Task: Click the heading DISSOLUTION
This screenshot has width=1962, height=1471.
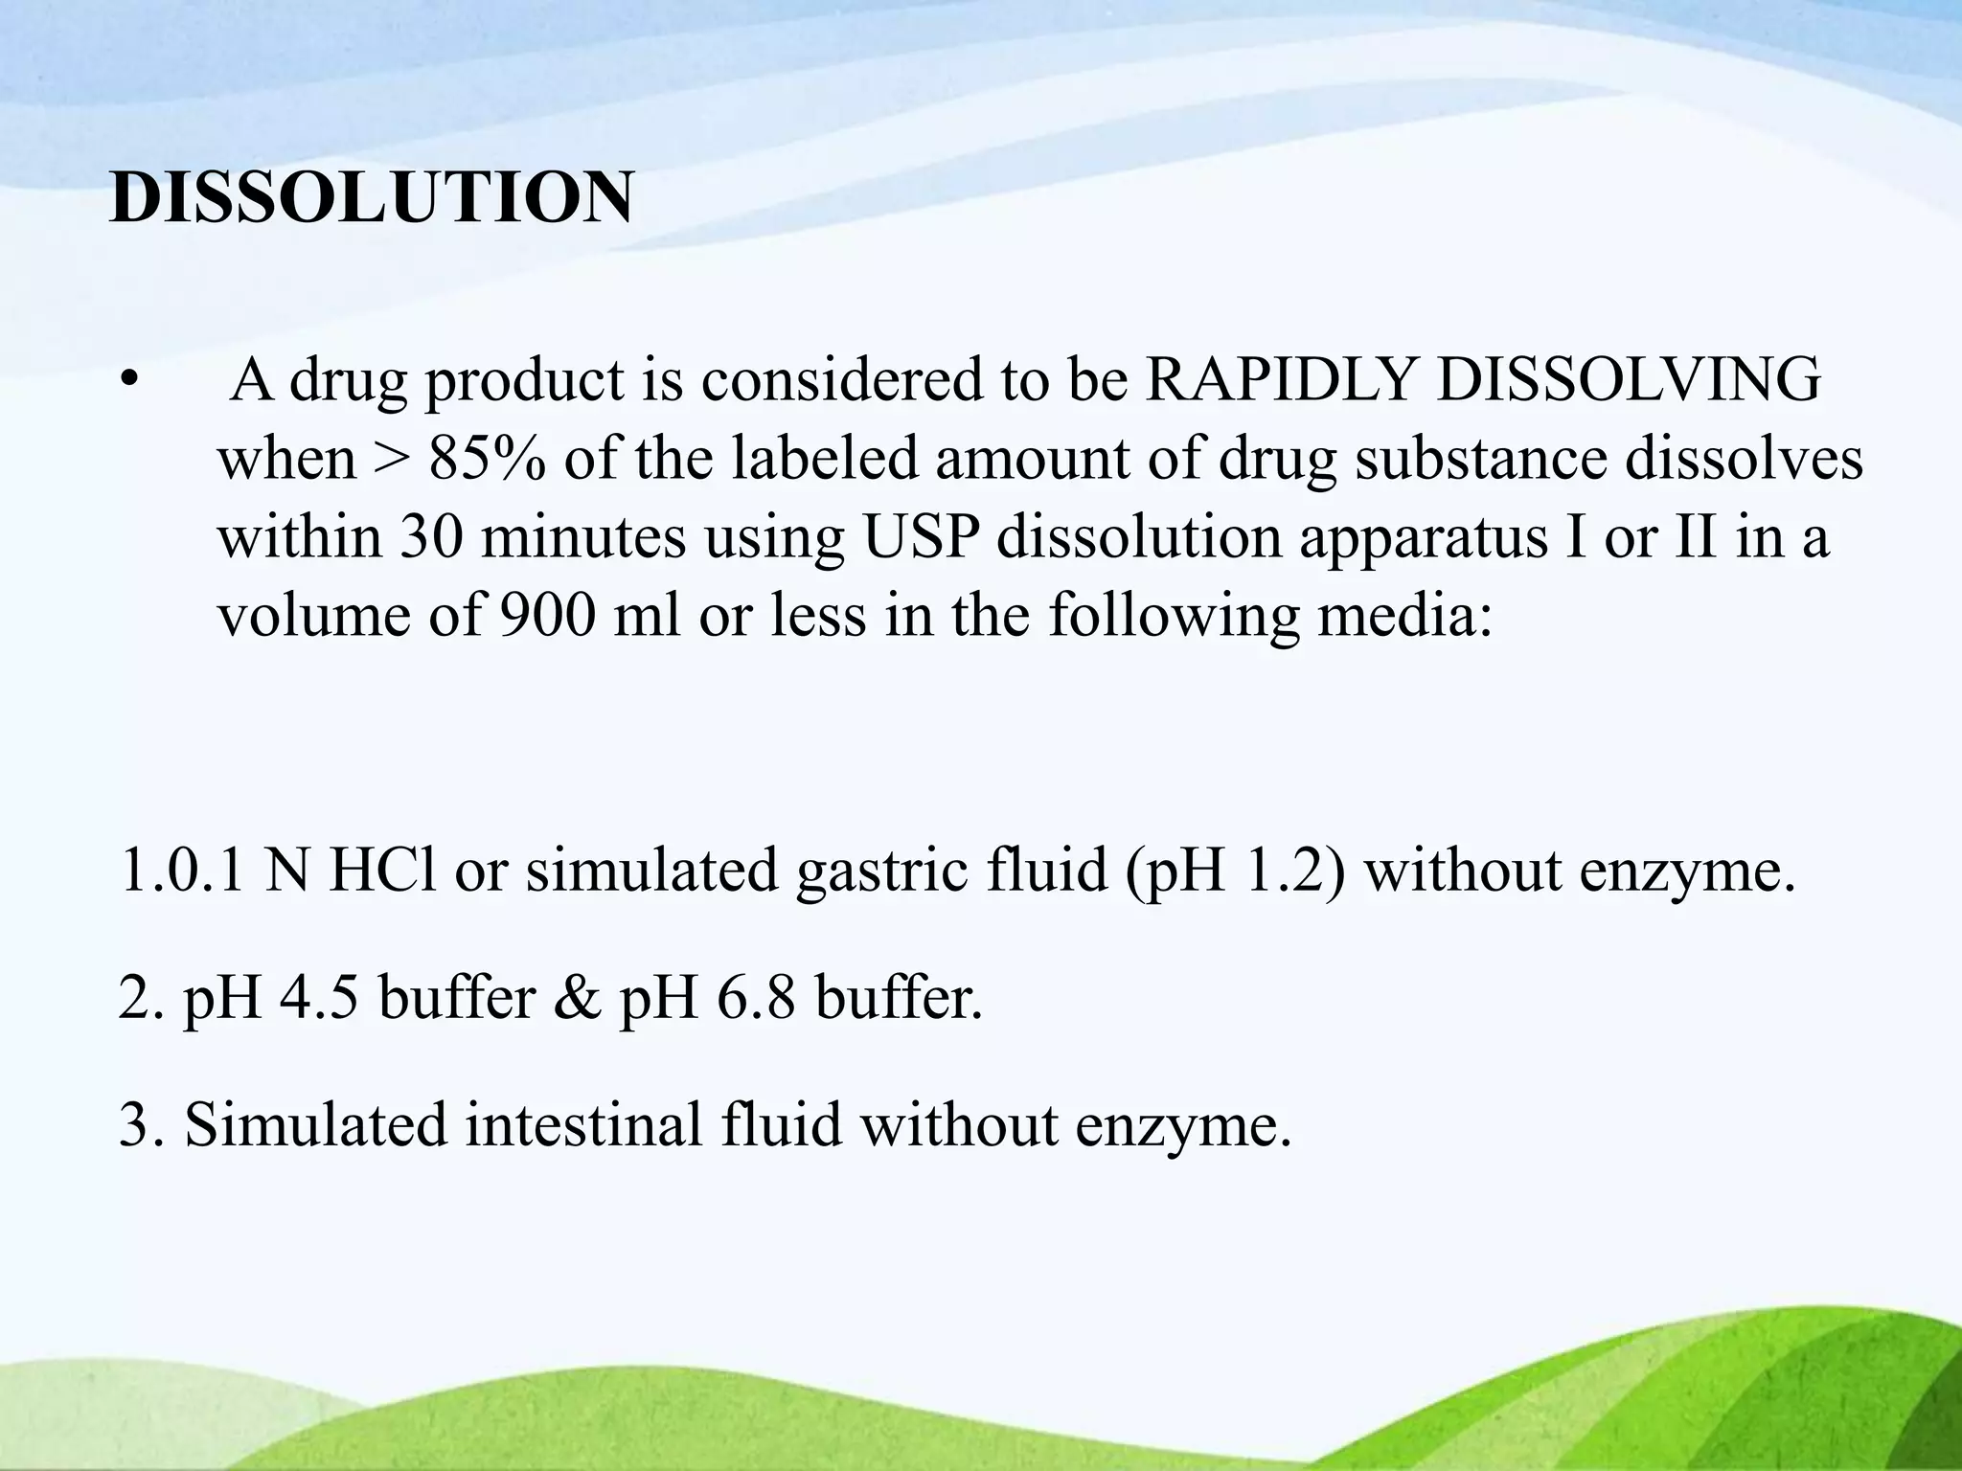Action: [x=372, y=198]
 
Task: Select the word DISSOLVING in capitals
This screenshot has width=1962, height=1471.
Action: [x=1629, y=380]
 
